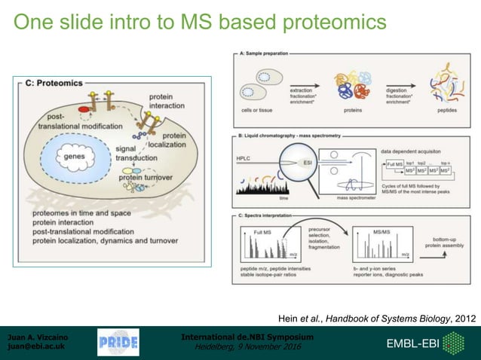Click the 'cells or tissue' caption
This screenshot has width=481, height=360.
tap(256, 108)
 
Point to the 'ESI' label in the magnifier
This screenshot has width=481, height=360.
tap(311, 160)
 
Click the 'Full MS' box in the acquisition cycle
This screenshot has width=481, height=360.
tap(394, 164)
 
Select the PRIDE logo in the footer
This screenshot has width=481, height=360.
tap(118, 343)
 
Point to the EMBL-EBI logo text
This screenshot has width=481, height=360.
tap(415, 343)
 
